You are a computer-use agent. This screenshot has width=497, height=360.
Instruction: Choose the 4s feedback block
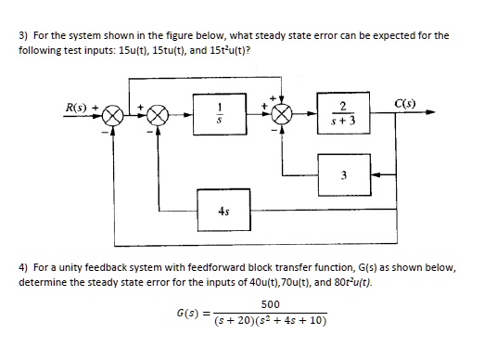tap(223, 210)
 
